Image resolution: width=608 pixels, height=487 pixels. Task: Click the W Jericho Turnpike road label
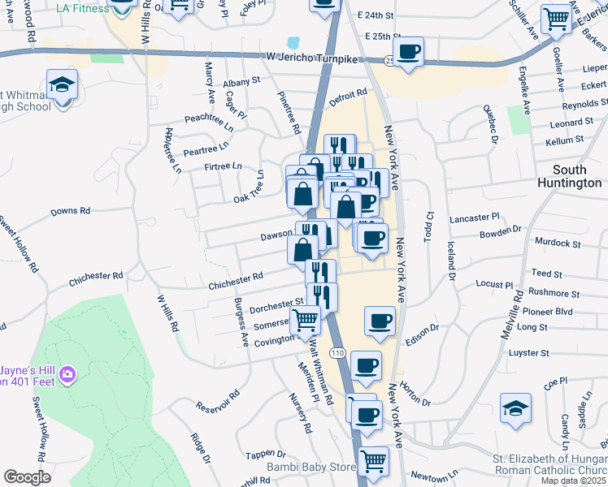312,56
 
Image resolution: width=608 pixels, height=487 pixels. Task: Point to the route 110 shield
339,351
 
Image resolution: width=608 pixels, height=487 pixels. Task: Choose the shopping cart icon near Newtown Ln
373,461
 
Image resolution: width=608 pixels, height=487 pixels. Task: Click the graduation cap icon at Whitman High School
62,84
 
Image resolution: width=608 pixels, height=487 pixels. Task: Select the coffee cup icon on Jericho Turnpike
410,52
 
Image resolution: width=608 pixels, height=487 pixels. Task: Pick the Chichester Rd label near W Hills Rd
96,277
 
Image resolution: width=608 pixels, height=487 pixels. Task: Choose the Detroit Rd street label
349,97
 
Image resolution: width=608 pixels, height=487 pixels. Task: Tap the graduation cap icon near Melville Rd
515,408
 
